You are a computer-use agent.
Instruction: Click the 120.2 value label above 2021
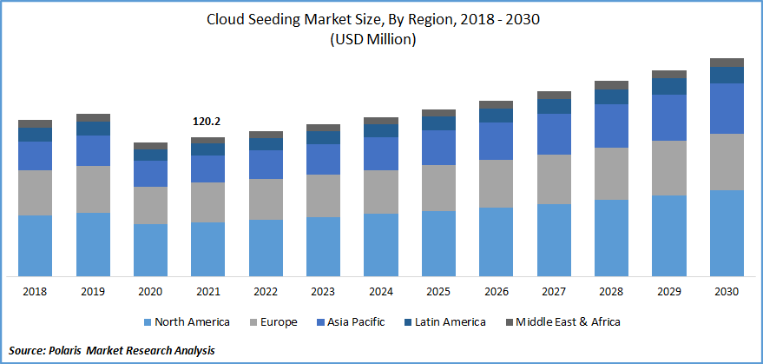(207, 122)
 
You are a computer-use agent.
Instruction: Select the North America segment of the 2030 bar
(727, 233)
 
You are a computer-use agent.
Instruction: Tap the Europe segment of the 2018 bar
(35, 192)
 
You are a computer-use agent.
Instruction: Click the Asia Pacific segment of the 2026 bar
(496, 141)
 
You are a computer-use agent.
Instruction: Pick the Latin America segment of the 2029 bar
(669, 86)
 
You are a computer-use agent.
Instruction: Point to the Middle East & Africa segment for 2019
(93, 117)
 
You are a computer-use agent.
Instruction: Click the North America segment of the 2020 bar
(150, 250)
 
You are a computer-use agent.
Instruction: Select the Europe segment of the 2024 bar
(380, 192)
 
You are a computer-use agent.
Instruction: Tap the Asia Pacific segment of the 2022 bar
(266, 164)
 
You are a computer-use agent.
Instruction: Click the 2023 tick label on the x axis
(323, 292)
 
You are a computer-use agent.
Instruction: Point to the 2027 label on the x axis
(554, 292)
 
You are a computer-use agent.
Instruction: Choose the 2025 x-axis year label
(438, 292)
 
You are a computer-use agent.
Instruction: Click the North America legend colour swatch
(148, 322)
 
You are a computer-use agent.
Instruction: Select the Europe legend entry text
(278, 322)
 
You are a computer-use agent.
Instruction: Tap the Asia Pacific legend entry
(355, 322)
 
